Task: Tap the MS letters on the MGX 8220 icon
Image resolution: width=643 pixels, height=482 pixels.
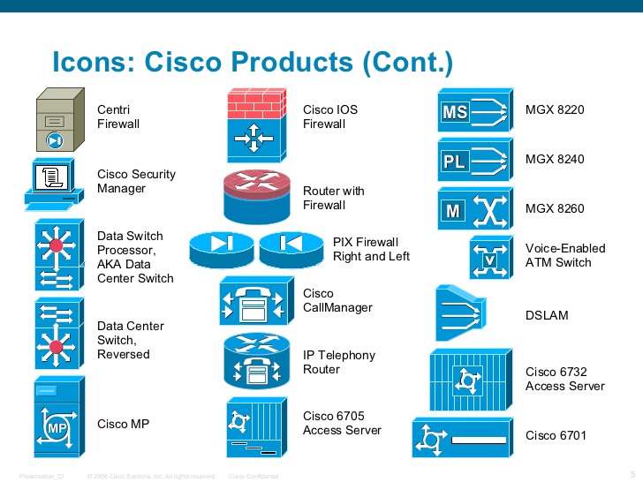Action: coord(454,113)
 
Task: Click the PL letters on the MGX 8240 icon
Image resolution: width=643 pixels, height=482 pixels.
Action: coord(454,162)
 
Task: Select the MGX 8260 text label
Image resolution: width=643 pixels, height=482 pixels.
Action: coord(555,209)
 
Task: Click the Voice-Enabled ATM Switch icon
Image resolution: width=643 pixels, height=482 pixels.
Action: coord(490,258)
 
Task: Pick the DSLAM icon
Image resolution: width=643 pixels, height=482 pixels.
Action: coord(459,313)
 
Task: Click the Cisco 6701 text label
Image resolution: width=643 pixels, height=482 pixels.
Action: coord(556,435)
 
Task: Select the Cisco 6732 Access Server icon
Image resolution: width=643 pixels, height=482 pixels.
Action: coord(469,379)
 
